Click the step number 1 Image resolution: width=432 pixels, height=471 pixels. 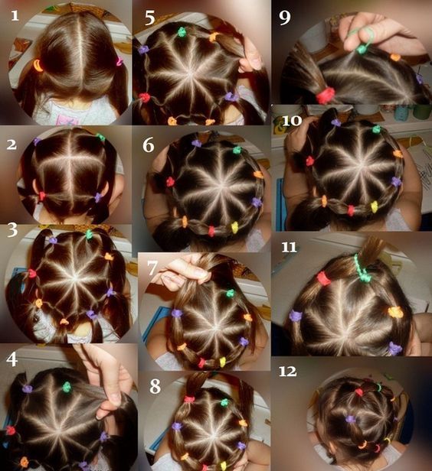15,15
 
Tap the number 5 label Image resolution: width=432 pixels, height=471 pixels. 150,18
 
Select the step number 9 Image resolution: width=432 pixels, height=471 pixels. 285,18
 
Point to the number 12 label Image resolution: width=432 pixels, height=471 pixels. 287,372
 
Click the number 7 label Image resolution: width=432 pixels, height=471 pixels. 152,268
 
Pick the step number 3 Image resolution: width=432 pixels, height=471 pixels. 12,230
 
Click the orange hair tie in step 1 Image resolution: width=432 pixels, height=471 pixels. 38,65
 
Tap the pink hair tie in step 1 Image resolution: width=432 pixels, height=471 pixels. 119,62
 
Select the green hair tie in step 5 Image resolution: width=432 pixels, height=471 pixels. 182,31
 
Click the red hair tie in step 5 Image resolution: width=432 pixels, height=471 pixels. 144,97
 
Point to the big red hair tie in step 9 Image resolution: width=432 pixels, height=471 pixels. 326,95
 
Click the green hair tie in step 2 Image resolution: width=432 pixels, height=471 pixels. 101,138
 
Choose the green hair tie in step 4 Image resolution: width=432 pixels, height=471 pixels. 67,387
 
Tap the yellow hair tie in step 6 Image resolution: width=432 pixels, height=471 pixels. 234,227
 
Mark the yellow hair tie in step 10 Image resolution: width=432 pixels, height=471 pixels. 374,206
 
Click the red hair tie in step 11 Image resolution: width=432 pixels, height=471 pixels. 324,278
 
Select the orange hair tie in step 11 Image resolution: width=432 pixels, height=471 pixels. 395,312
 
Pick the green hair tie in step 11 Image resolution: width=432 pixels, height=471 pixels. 361,269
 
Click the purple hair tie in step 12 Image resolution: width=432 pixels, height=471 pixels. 350,419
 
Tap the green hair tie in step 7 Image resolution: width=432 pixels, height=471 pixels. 230,293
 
